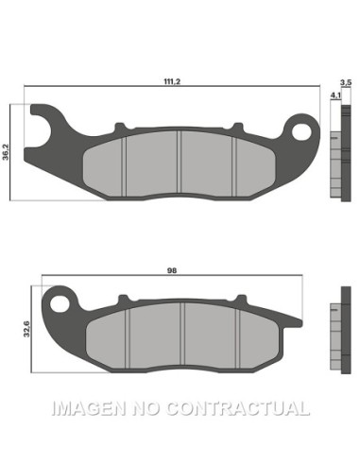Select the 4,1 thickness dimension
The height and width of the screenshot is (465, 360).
coord(334,95)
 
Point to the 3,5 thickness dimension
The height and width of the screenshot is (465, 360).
coord(346,84)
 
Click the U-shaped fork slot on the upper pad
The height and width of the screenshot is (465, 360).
coord(40,126)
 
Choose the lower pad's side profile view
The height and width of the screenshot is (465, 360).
coord(334,335)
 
